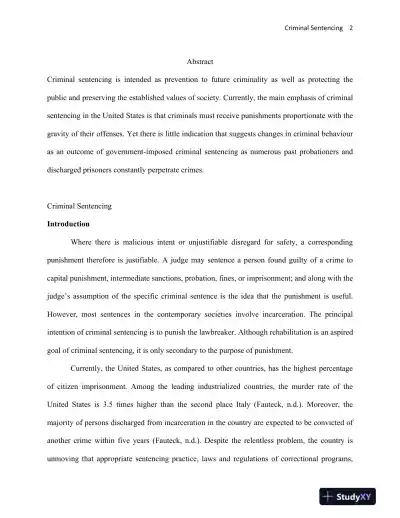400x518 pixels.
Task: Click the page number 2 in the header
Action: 350,28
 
